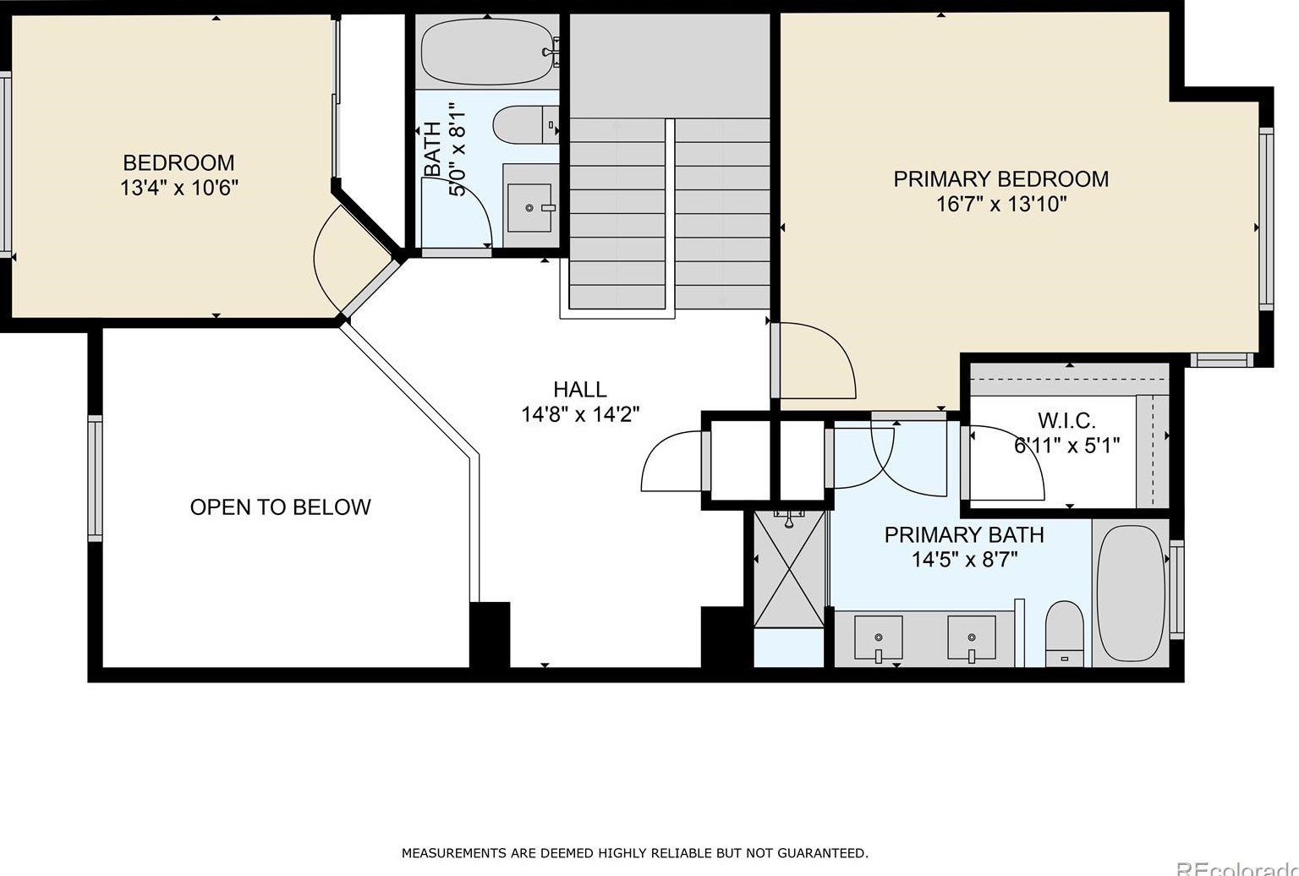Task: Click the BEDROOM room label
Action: point(178,163)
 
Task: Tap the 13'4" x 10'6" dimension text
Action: point(179,189)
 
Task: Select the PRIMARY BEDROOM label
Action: point(1001,179)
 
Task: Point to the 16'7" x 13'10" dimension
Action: point(1001,205)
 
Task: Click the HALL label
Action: point(580,389)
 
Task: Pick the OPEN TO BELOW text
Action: point(280,507)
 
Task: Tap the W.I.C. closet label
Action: point(1066,420)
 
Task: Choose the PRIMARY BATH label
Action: point(964,534)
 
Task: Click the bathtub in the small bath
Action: point(487,52)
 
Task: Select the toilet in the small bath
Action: point(525,125)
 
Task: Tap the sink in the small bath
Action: point(529,207)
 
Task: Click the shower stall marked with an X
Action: point(789,569)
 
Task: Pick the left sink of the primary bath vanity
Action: point(879,638)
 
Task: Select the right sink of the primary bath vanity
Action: point(972,638)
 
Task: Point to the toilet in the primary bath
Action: point(1064,633)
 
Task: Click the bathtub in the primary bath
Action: point(1131,593)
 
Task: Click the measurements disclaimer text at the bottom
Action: point(635,853)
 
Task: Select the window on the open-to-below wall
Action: point(95,479)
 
